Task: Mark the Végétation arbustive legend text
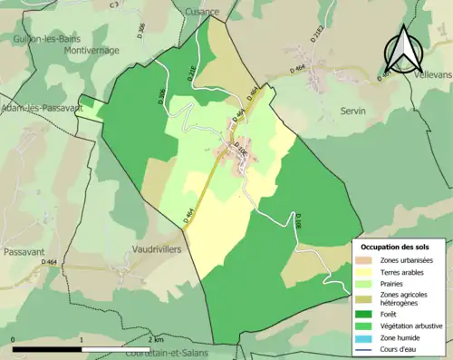coord(412,326)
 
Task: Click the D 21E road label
coord(191,72)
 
